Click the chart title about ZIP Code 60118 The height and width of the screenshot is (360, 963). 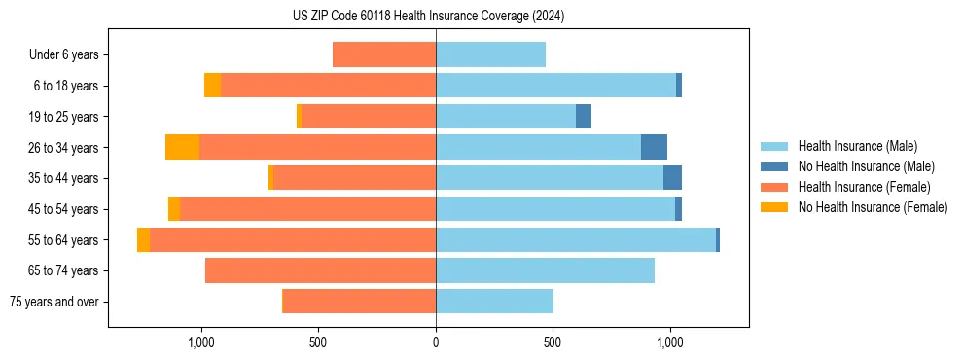coord(428,16)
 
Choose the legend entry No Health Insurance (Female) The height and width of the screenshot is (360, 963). coord(873,207)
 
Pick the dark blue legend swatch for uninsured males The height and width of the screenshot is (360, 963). coord(774,166)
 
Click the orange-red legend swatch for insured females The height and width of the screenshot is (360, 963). coord(774,187)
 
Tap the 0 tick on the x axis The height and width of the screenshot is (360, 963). coord(436,342)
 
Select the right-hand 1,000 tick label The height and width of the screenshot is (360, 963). coord(670,342)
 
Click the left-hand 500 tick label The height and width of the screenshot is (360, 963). coord(318,342)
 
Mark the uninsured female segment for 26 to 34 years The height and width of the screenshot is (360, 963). coord(182,147)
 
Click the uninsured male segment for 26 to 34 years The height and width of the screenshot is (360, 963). coord(654,147)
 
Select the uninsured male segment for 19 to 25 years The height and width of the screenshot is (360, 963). coord(584,116)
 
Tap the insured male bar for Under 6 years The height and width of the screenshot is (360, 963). coord(490,54)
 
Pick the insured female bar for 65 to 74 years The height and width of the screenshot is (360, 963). coord(320,270)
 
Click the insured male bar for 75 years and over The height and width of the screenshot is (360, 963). coord(494,302)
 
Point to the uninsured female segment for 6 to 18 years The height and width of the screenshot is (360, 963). coord(212,86)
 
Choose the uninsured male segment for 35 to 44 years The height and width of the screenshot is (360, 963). coord(672,178)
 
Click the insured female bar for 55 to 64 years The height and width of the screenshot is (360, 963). coord(293,239)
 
